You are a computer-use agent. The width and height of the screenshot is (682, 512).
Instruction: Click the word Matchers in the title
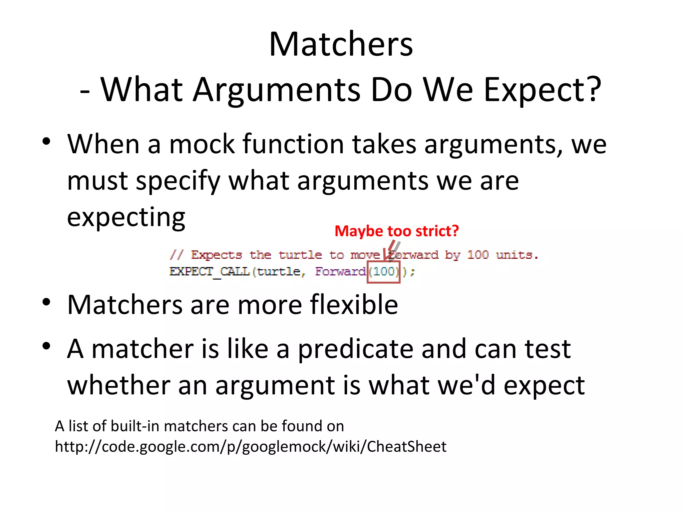click(x=341, y=44)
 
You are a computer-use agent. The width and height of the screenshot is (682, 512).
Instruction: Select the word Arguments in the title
click(x=277, y=90)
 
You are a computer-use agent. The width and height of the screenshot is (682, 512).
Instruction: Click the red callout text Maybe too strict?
click(x=396, y=231)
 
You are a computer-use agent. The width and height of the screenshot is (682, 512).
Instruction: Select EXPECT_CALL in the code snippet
click(x=209, y=272)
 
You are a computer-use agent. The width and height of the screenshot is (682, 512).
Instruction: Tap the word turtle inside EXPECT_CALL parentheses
click(x=278, y=272)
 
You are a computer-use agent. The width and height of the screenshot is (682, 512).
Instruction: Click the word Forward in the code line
click(x=340, y=272)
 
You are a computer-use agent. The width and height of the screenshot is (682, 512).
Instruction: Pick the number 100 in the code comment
click(x=478, y=255)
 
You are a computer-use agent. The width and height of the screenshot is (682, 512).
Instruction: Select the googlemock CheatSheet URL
click(x=250, y=447)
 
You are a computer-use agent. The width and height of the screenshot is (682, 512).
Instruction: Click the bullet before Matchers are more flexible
click(x=46, y=302)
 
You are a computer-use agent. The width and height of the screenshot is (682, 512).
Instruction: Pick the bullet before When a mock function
click(x=46, y=141)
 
